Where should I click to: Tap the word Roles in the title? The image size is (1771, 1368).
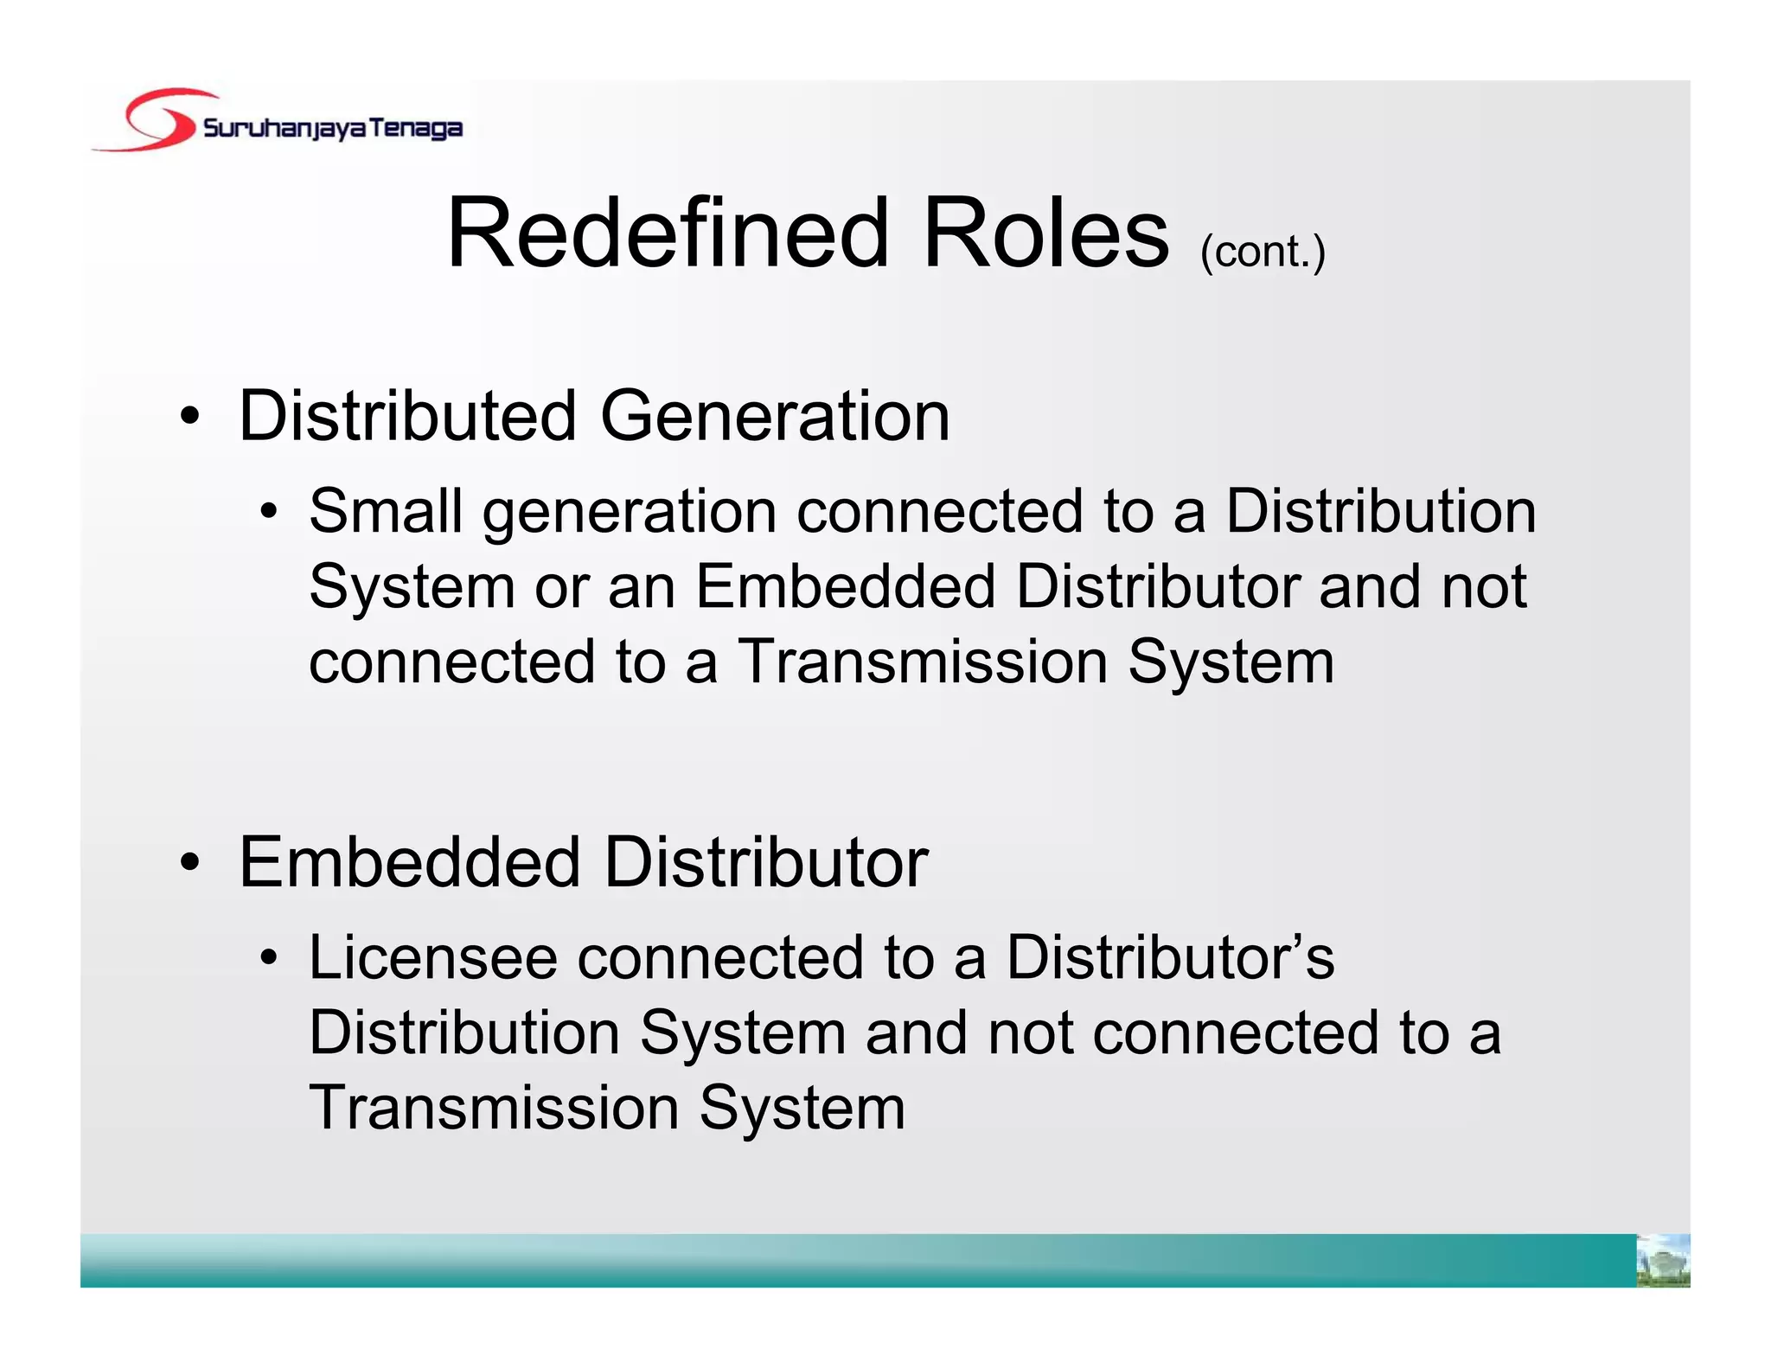(x=1045, y=233)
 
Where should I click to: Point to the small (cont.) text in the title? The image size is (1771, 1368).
(x=1263, y=253)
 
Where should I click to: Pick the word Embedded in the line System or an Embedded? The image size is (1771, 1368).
(x=845, y=586)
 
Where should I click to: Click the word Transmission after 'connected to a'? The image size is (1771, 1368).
(x=923, y=662)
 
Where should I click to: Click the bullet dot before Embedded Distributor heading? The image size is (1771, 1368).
(x=190, y=862)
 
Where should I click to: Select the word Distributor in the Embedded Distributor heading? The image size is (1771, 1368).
(x=766, y=862)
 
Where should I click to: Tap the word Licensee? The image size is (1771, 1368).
(x=432, y=957)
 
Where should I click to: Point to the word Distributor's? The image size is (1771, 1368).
(x=1170, y=957)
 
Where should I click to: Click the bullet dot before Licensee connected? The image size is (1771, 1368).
(x=269, y=957)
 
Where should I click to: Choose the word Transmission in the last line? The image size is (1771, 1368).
(x=494, y=1108)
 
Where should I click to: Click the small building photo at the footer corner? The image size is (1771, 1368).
(x=1663, y=1261)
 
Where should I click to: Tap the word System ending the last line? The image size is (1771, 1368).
(x=802, y=1109)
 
